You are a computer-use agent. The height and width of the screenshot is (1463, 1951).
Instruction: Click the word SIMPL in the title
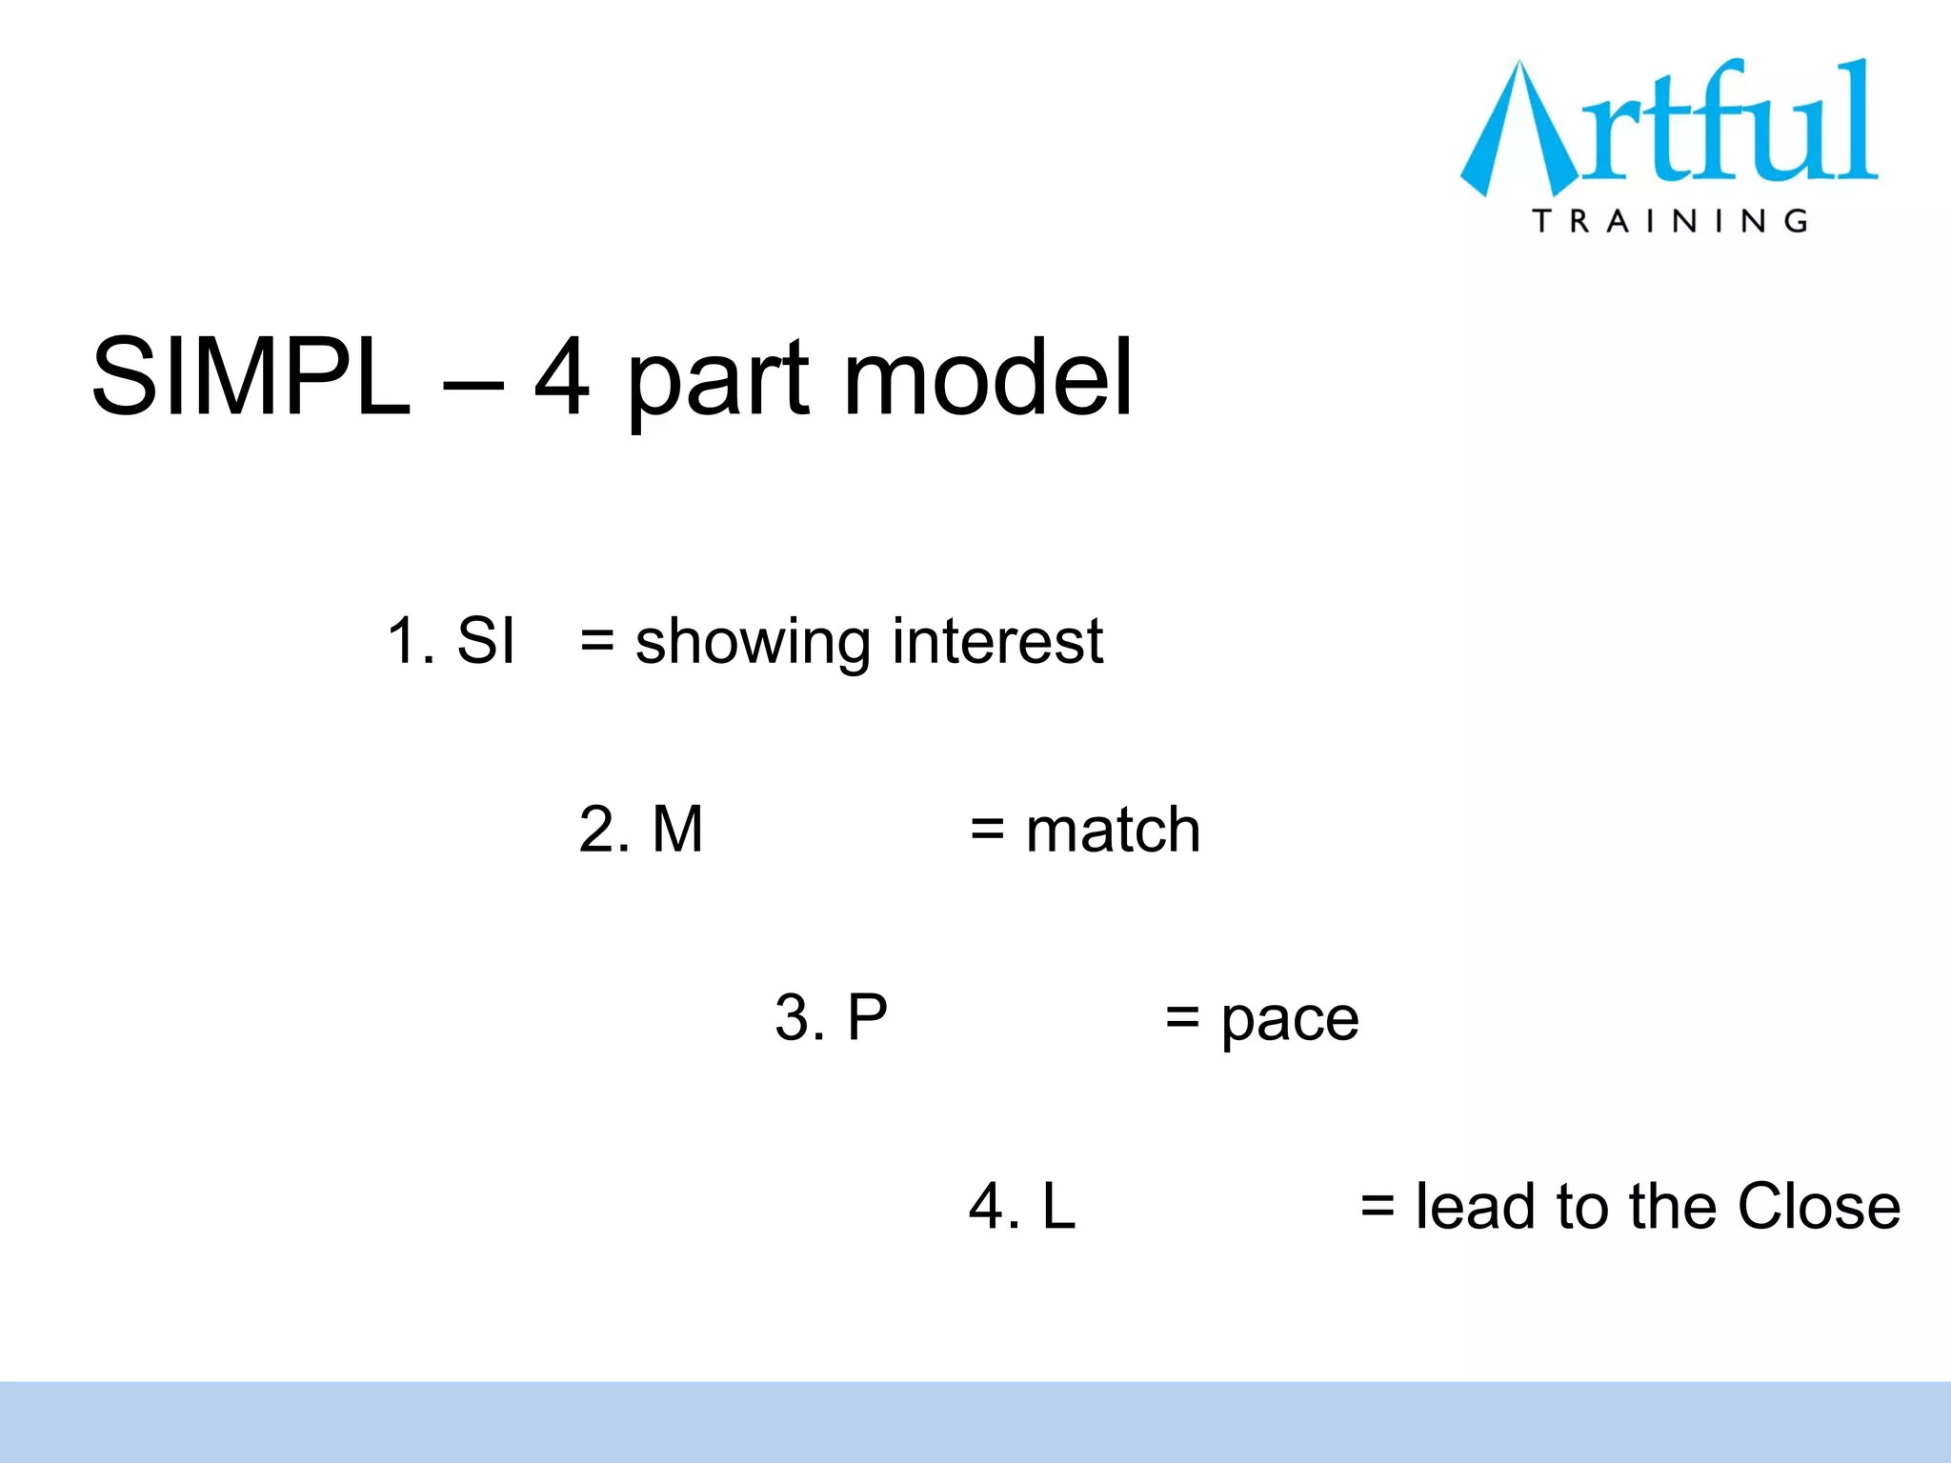[x=251, y=378]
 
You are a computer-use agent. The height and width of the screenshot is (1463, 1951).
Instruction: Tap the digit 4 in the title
[x=561, y=378]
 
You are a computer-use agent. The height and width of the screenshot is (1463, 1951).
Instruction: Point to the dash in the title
[x=472, y=386]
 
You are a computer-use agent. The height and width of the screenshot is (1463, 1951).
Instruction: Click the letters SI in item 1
[x=486, y=640]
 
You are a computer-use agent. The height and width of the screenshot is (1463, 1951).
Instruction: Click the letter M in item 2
[x=677, y=829]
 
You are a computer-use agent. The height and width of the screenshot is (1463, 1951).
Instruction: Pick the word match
[x=1113, y=829]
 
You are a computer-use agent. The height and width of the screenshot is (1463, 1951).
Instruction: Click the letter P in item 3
[x=867, y=1017]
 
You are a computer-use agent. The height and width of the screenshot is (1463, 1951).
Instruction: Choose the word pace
[x=1290, y=1021]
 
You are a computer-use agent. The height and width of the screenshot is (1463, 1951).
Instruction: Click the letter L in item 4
[x=1058, y=1206]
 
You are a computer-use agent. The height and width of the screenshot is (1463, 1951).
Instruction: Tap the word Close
[x=1819, y=1206]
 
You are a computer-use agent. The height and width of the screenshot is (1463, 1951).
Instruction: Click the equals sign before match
[x=988, y=831]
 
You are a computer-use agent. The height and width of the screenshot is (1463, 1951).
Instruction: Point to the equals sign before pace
[x=1182, y=1018]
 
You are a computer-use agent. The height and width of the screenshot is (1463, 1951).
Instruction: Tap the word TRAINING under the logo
[x=1670, y=221]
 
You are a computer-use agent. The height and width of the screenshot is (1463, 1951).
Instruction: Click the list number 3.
[x=794, y=1017]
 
